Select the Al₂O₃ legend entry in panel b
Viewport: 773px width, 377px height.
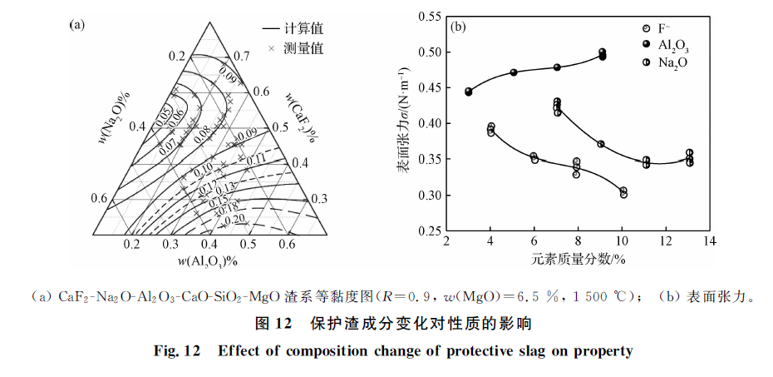coord(672,47)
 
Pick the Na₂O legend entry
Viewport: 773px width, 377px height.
coord(672,62)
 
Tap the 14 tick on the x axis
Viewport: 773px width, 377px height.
coord(709,242)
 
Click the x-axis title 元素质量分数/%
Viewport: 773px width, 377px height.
coord(579,259)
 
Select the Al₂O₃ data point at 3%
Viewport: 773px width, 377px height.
coord(469,92)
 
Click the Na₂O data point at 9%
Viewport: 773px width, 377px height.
coord(601,144)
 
